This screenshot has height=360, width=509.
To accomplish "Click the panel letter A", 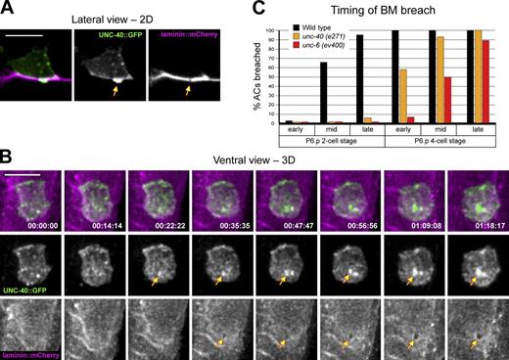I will point(9,9).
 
